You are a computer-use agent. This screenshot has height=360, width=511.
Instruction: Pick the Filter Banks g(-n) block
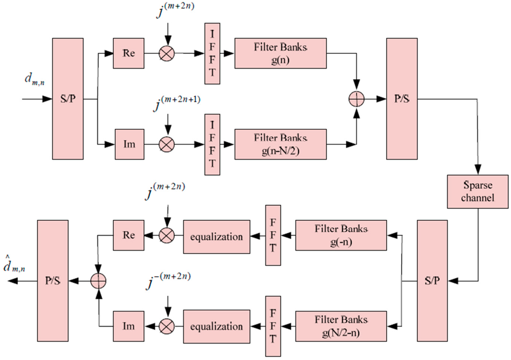point(341,234)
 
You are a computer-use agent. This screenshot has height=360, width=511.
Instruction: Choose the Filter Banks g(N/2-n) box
point(341,326)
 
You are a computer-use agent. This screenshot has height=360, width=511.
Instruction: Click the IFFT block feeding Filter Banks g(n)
point(212,55)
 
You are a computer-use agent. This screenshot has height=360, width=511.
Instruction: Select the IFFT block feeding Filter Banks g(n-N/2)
point(212,144)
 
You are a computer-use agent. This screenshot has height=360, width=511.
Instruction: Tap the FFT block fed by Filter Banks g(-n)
point(273,235)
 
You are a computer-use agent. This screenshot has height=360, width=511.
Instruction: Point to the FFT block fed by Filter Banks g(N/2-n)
point(273,326)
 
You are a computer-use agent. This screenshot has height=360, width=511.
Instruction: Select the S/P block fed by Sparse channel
point(433,281)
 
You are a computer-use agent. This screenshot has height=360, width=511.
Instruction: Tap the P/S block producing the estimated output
point(52,281)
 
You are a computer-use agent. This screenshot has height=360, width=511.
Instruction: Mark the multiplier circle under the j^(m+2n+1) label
point(166,144)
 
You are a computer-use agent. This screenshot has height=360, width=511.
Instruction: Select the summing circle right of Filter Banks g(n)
point(356,99)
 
